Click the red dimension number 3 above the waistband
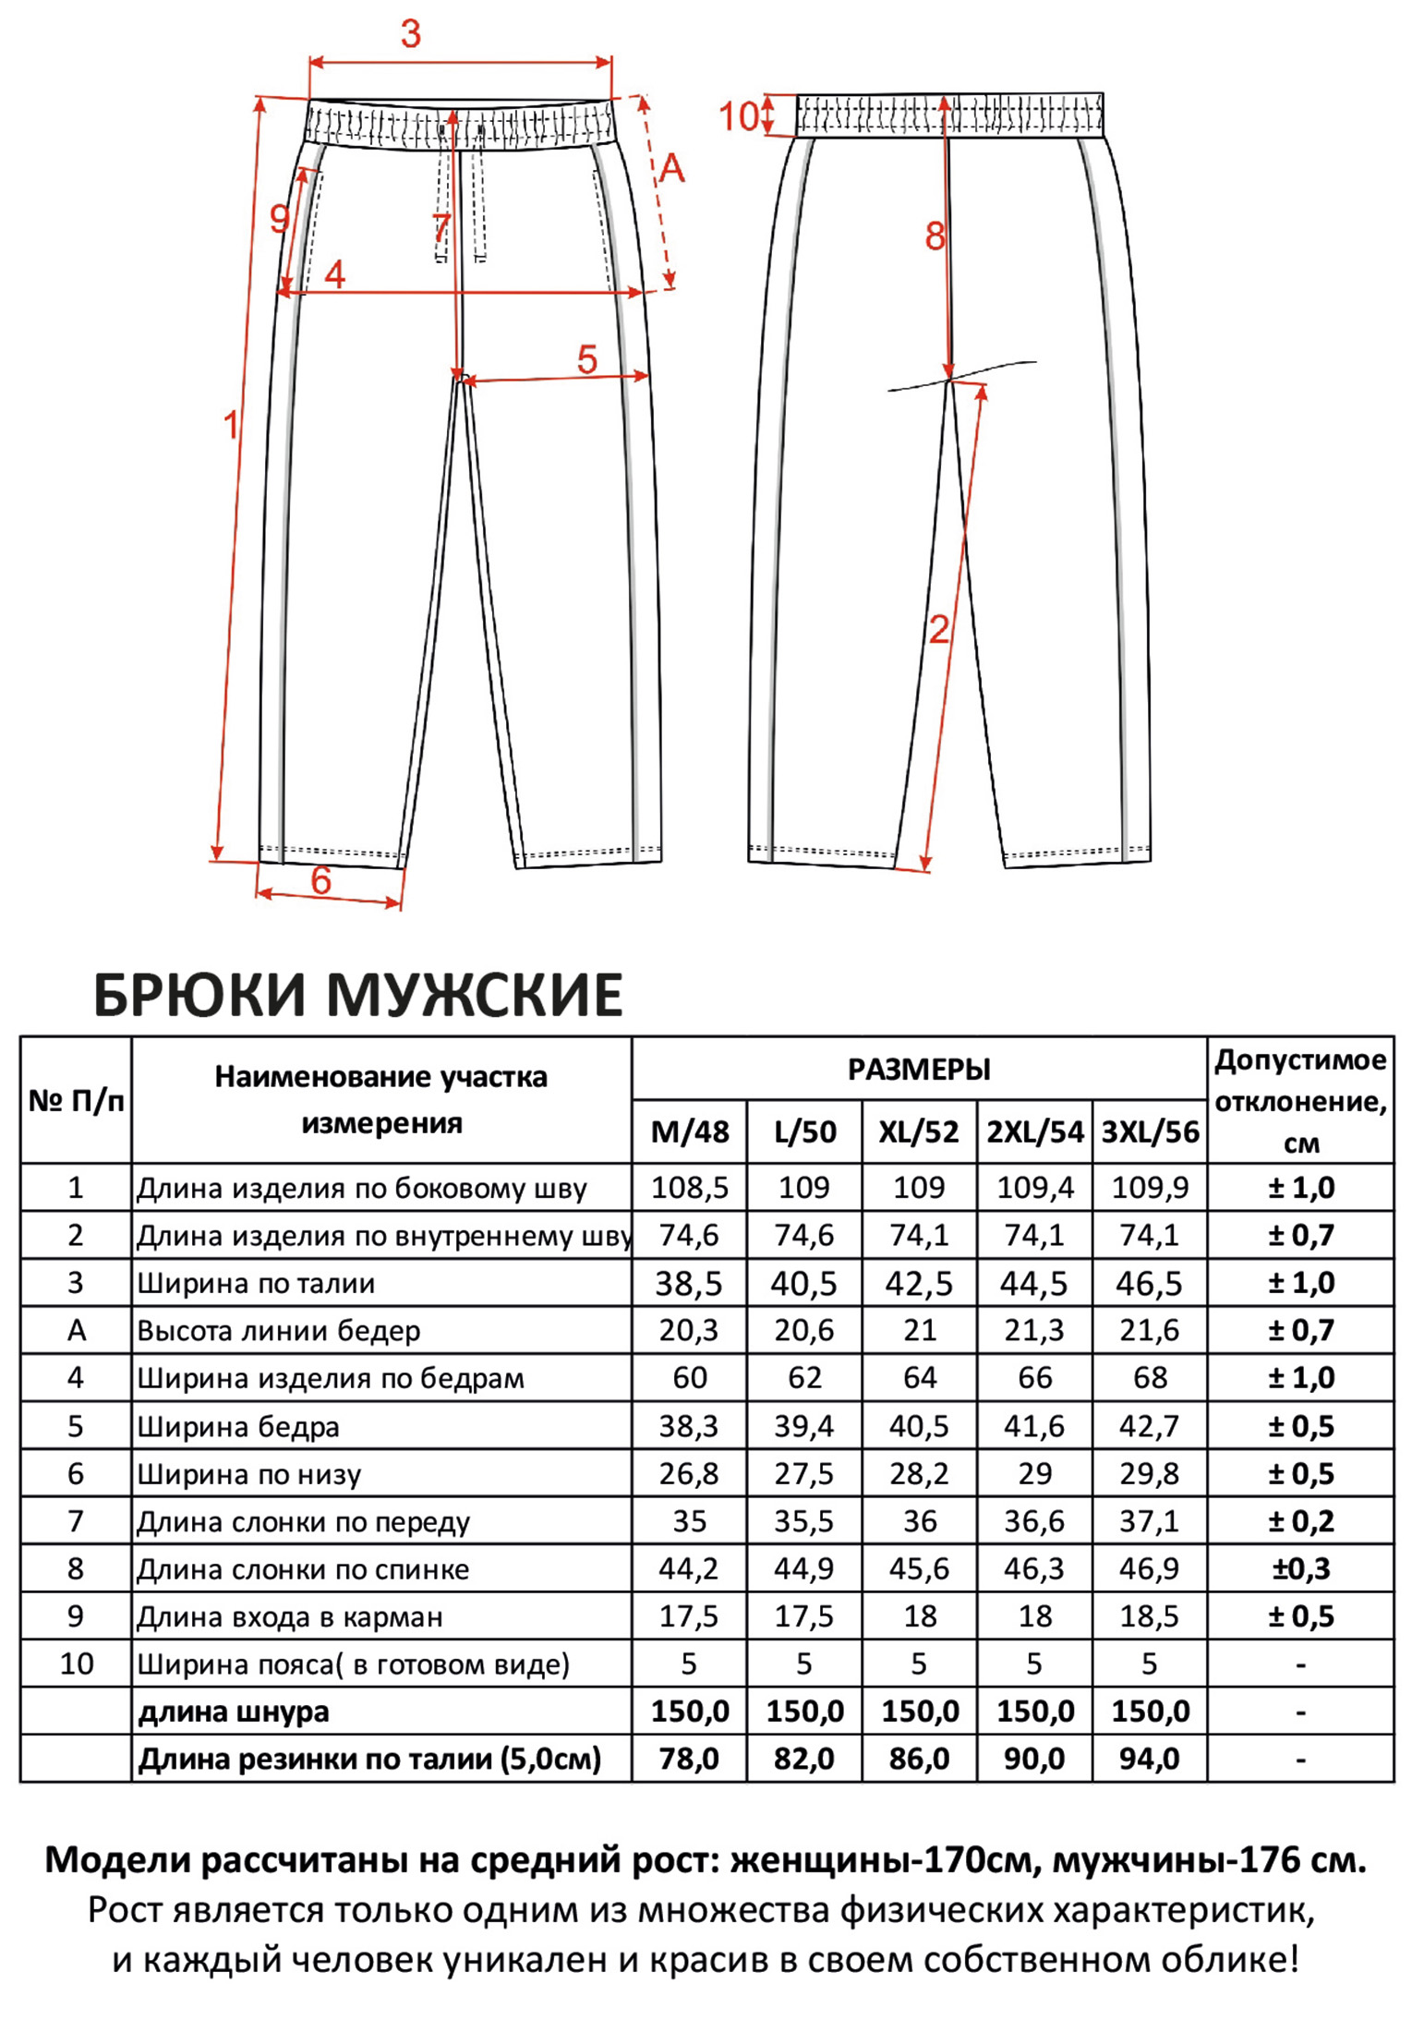tap(411, 34)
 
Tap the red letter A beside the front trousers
tap(671, 168)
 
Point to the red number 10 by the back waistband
tap(739, 117)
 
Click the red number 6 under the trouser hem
tap(320, 880)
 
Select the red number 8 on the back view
tap(935, 237)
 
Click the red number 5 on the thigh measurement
tap(587, 359)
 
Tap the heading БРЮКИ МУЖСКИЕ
tap(358, 996)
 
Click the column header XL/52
tap(919, 1132)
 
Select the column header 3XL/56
tap(1150, 1132)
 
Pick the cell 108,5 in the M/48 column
tap(690, 1188)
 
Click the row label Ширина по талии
tap(256, 1284)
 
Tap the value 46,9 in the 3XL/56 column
tap(1150, 1568)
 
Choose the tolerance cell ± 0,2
tap(1300, 1521)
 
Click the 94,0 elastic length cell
tap(1150, 1759)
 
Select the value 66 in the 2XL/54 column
tap(1034, 1378)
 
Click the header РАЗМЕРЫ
tap(919, 1070)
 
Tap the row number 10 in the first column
tap(76, 1663)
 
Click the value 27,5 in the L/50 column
tap(804, 1473)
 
